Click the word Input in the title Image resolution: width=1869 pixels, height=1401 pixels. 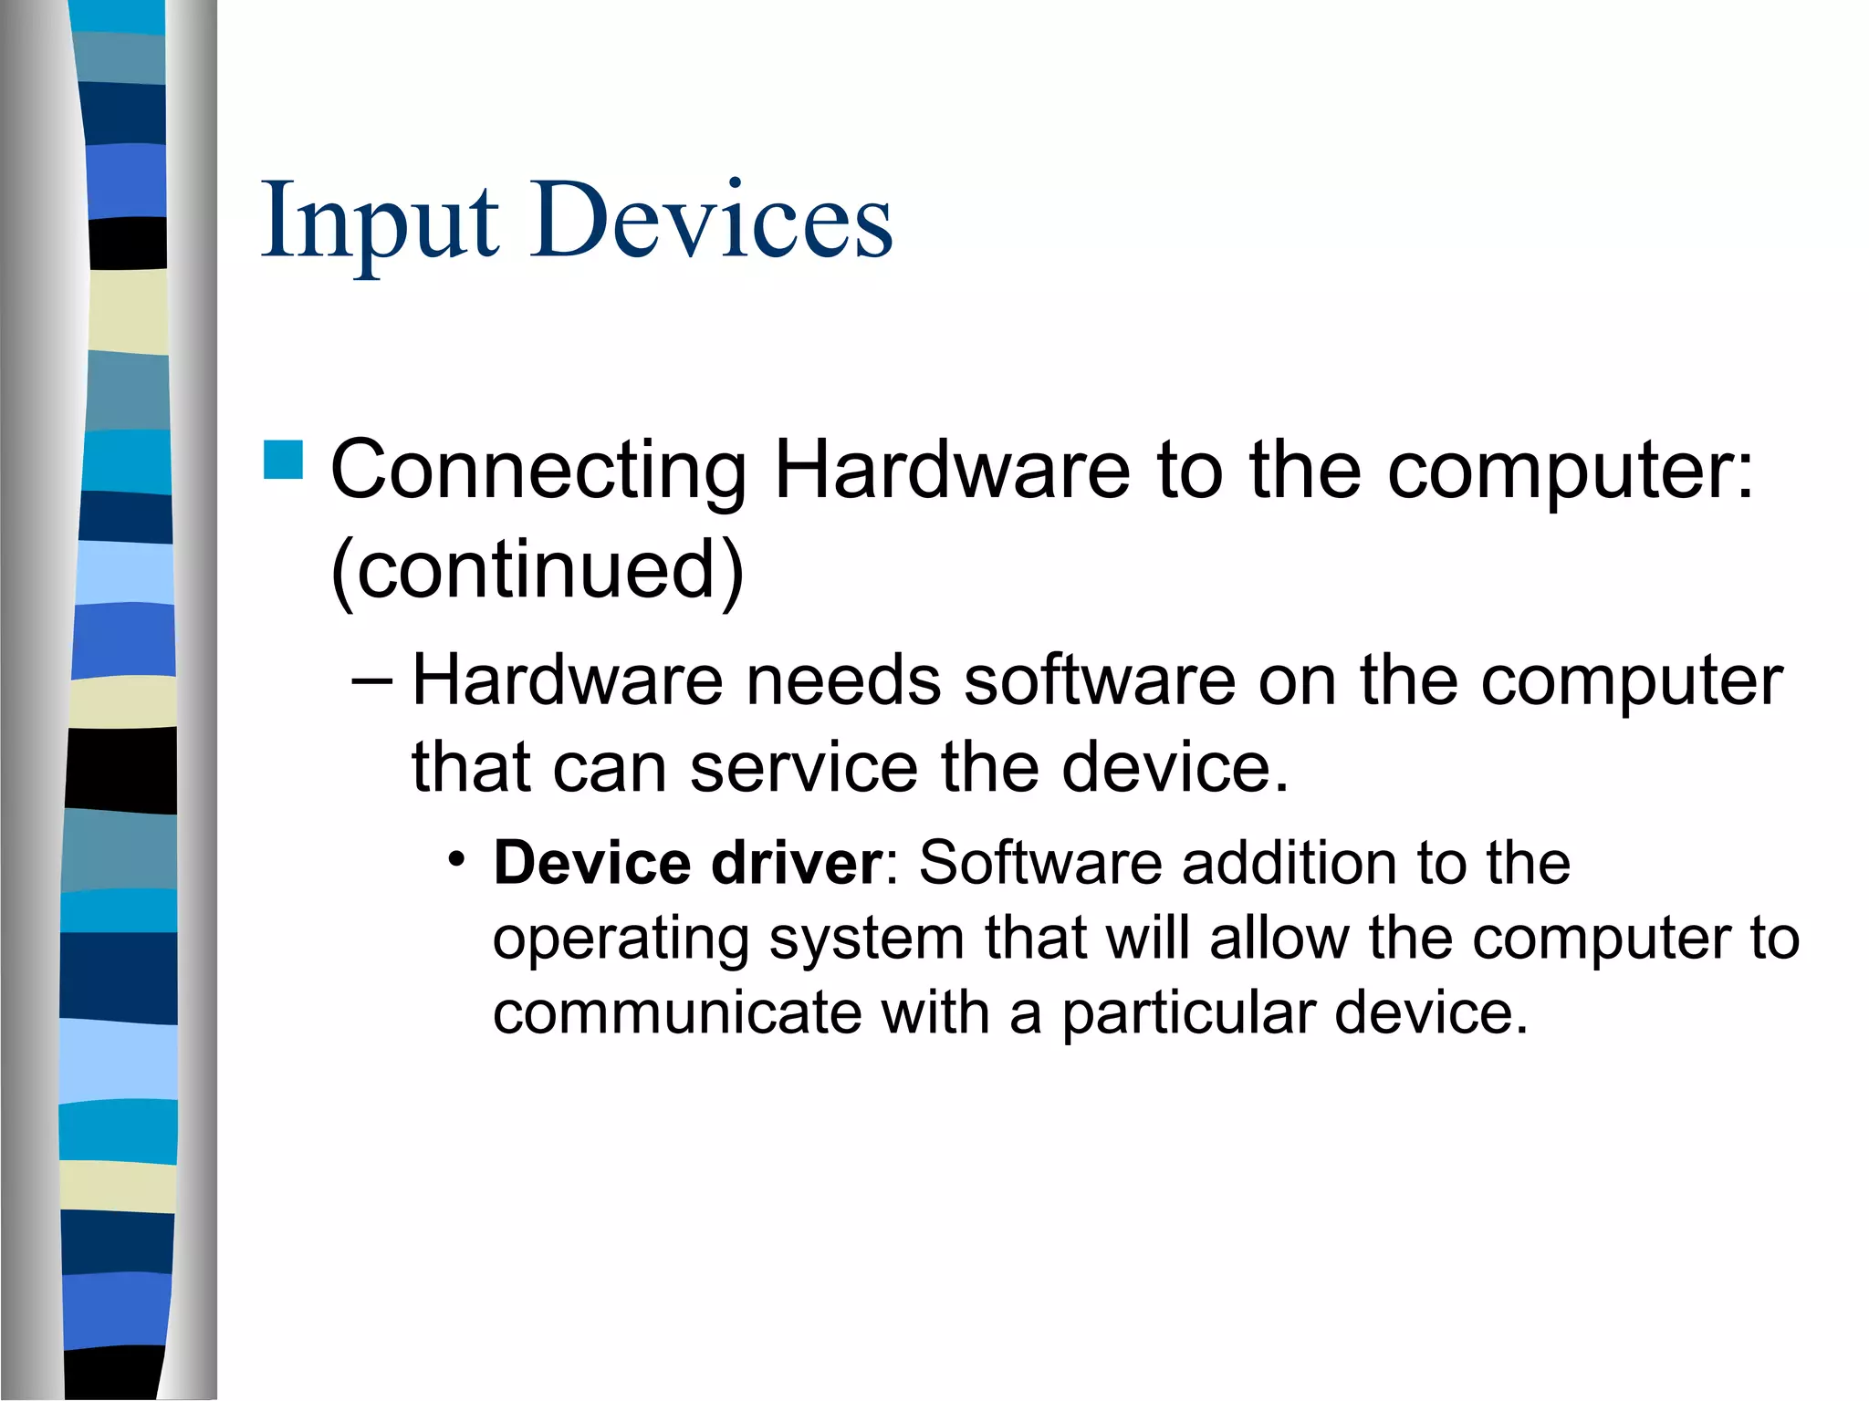tap(380, 222)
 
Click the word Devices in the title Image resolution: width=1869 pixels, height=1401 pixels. tap(712, 222)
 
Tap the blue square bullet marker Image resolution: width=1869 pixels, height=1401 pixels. tap(283, 461)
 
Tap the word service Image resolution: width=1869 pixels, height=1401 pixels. tap(803, 768)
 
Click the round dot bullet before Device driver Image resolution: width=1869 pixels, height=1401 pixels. tap(456, 859)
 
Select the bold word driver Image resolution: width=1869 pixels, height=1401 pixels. tap(796, 863)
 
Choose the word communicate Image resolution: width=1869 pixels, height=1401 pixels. tap(676, 1013)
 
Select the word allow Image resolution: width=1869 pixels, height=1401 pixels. tap(1279, 939)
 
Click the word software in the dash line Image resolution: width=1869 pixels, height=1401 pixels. tap(1100, 681)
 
